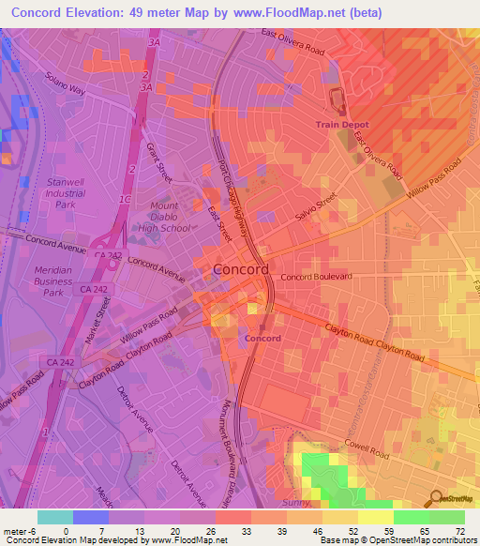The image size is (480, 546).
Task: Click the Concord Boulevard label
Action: pyautogui.click(x=316, y=277)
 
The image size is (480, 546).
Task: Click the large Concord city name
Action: pyautogui.click(x=241, y=269)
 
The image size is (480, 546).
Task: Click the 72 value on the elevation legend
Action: pyautogui.click(x=457, y=531)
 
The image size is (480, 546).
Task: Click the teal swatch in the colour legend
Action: pyautogui.click(x=54, y=517)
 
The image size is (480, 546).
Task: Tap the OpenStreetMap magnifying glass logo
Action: pyautogui.click(x=434, y=497)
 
